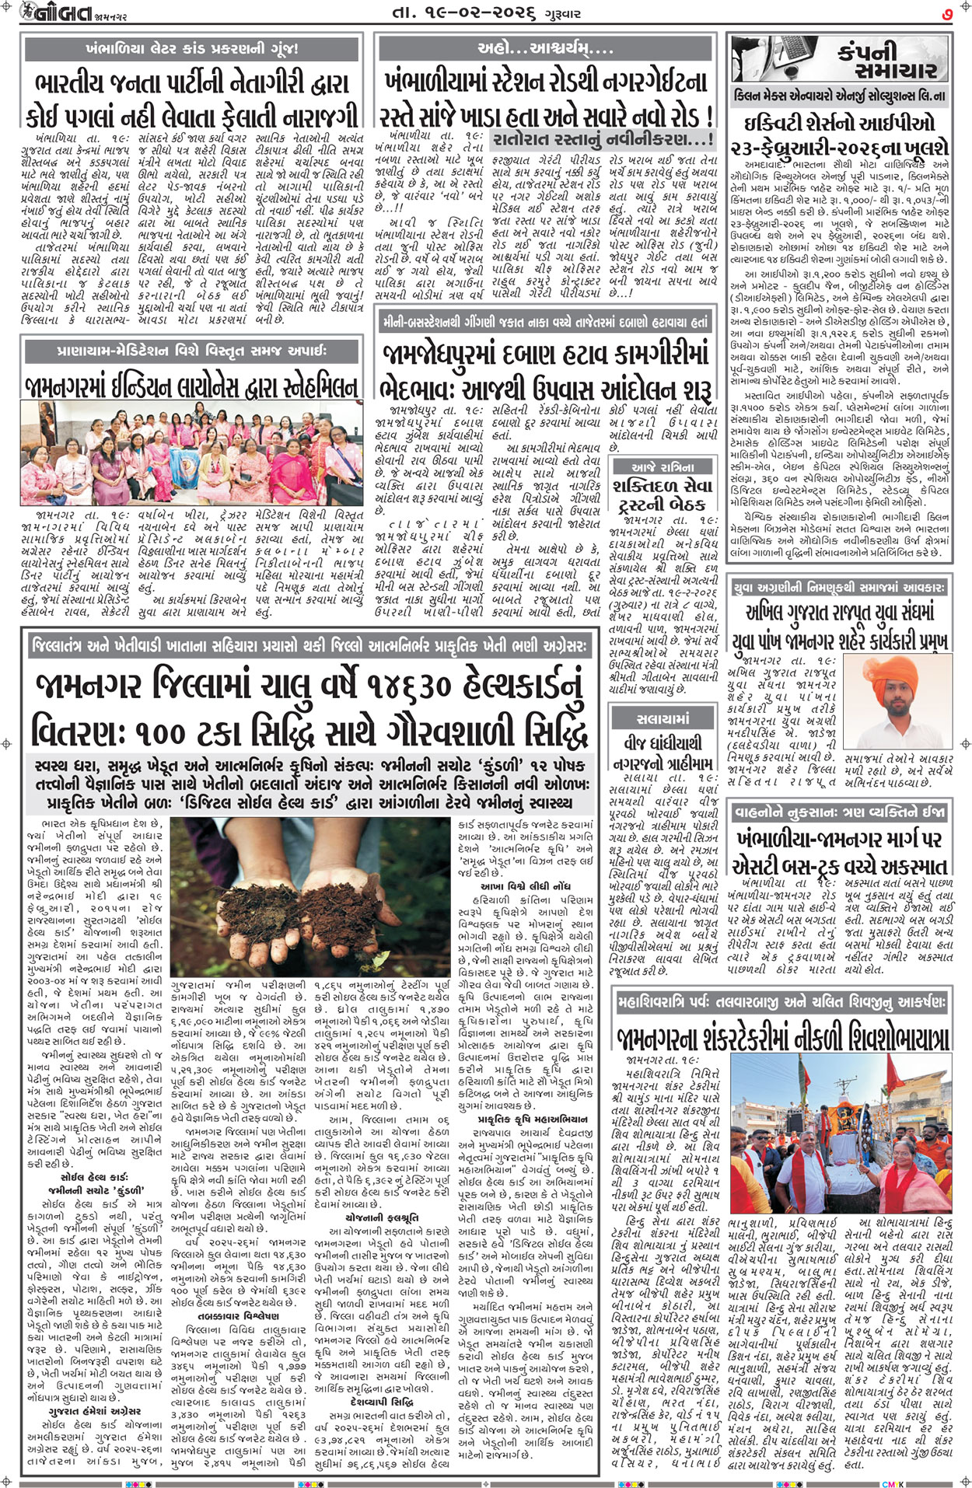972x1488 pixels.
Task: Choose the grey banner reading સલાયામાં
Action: pos(663,718)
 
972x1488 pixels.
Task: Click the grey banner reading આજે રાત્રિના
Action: pos(663,466)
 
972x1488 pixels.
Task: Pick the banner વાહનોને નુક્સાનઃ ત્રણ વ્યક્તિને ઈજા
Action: pos(840,812)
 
